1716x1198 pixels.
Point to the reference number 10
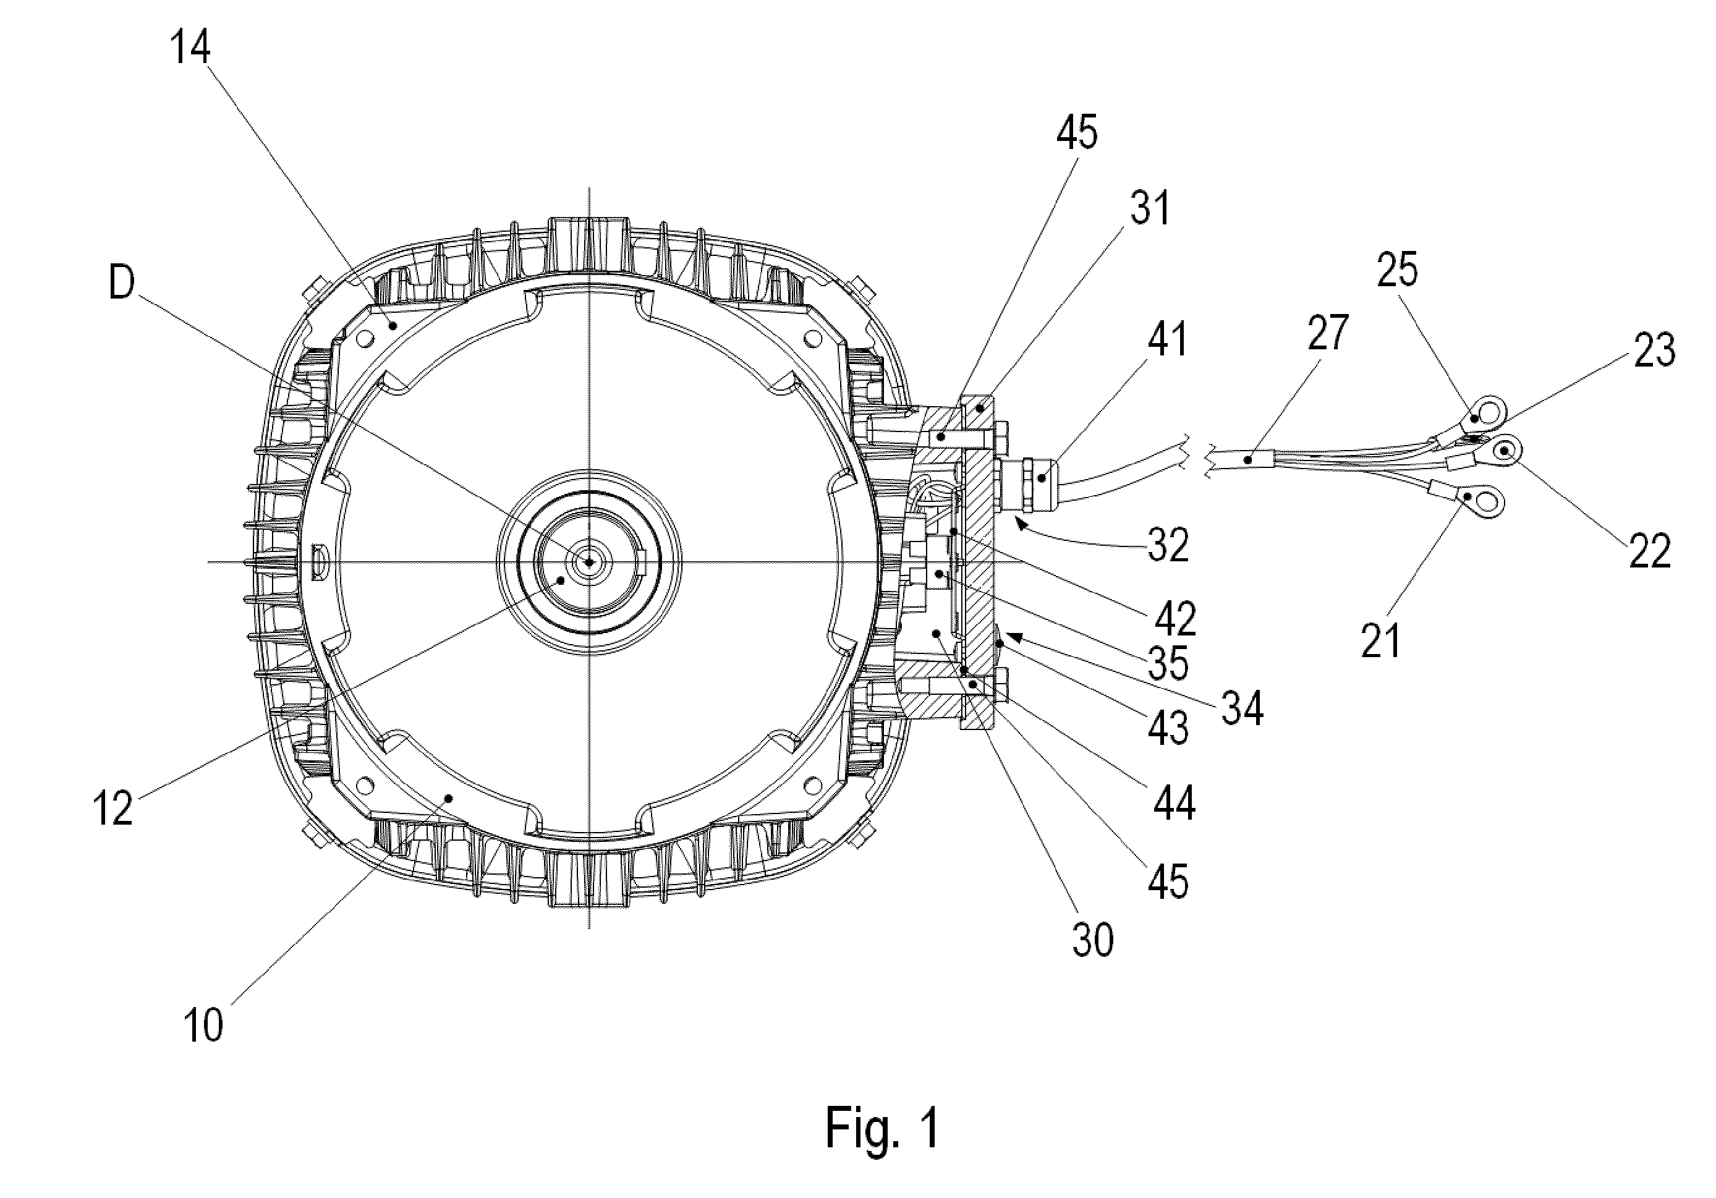pyautogui.click(x=203, y=1025)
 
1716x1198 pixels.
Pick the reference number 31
pyautogui.click(x=1150, y=208)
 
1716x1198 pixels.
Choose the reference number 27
pyautogui.click(x=1328, y=333)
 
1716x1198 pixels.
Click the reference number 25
pyautogui.click(x=1398, y=270)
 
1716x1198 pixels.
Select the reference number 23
pyautogui.click(x=1655, y=350)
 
